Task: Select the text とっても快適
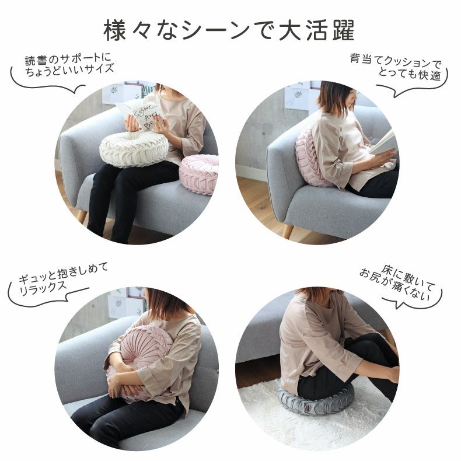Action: tap(407, 74)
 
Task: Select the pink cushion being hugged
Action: tap(139, 365)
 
